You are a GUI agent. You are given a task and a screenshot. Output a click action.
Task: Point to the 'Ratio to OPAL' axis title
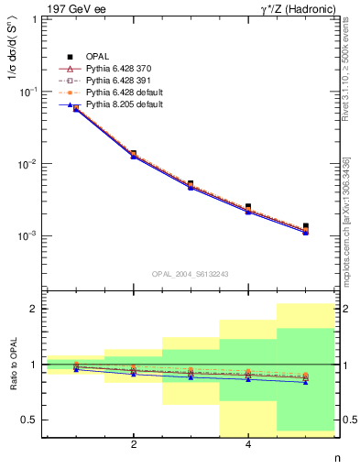pos(12,365)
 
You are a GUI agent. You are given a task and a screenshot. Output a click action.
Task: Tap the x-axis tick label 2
pos(134,445)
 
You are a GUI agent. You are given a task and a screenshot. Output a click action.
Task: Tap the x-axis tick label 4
pos(248,445)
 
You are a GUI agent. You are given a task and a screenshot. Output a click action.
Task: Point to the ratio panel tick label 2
pos(34,309)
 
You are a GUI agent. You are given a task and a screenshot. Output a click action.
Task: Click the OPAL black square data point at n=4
pos(248,207)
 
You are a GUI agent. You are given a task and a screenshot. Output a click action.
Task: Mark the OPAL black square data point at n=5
pos(305,226)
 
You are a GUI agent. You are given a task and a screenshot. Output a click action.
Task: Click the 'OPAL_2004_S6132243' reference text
pos(191,274)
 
